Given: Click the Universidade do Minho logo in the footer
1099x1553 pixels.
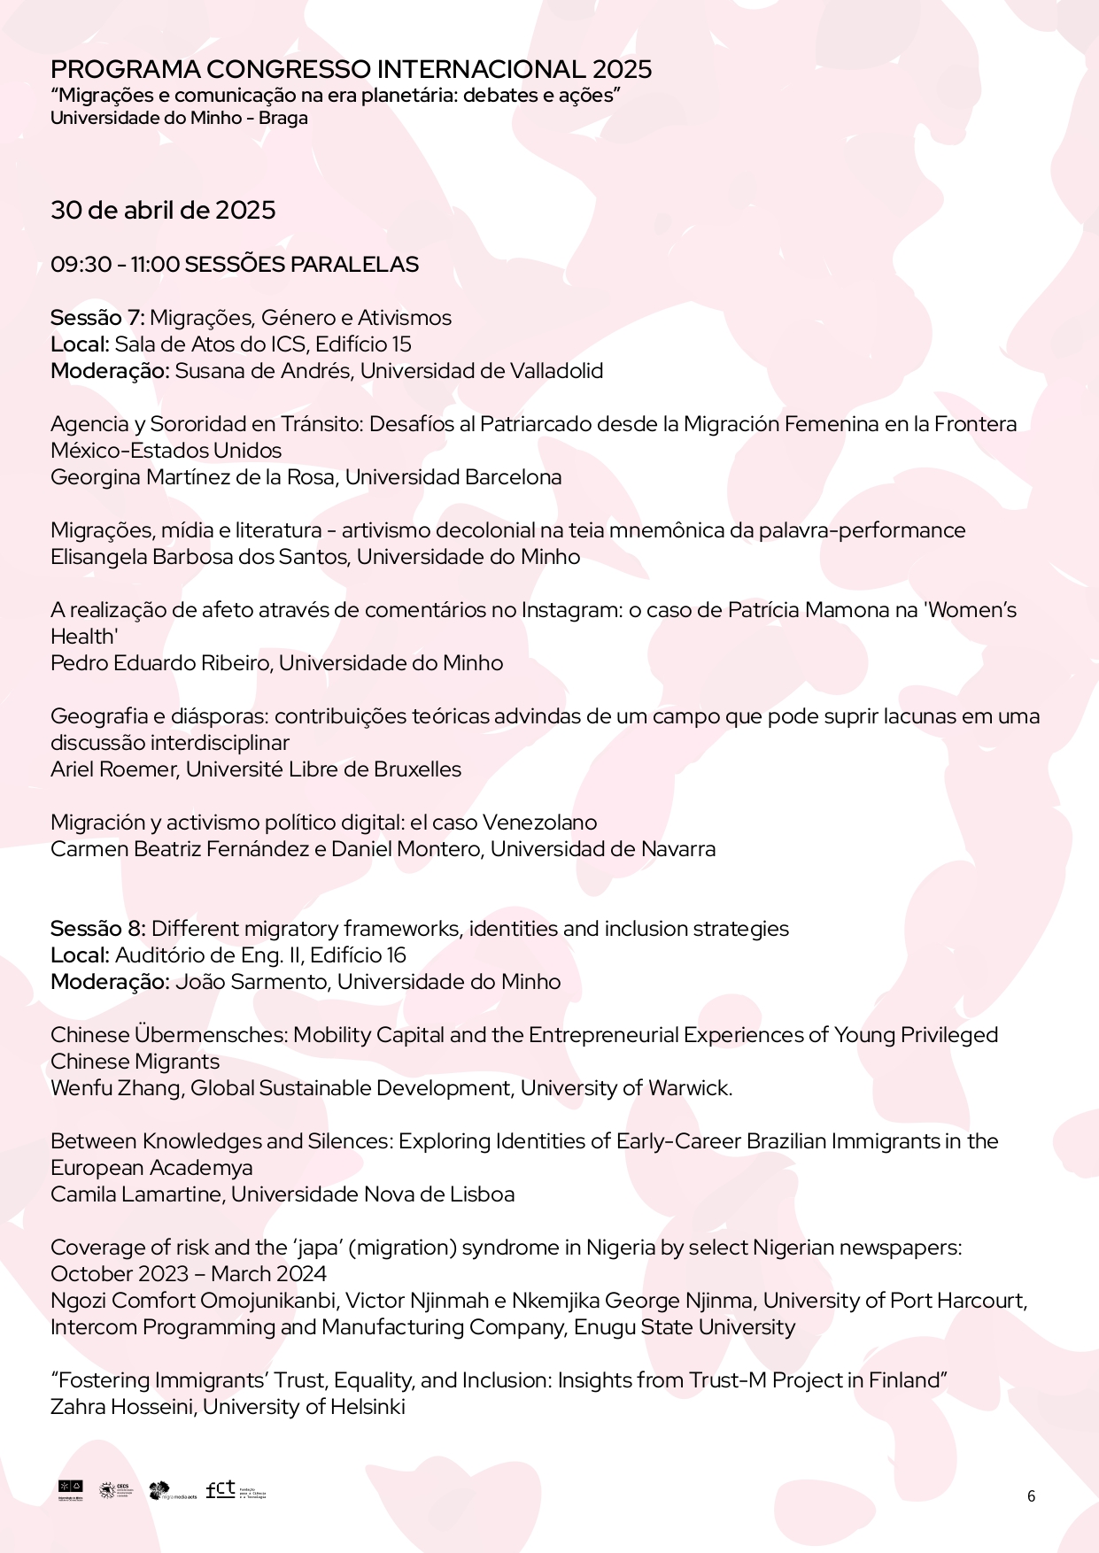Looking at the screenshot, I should tap(70, 1490).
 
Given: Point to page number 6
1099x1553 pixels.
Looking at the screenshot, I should tap(1031, 1496).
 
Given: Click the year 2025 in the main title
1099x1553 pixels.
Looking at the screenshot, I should tap(622, 69).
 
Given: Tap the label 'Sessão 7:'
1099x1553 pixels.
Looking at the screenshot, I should tap(97, 318).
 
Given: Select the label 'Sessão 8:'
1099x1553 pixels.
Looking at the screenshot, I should tap(98, 929).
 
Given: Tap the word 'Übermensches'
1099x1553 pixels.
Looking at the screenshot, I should tap(211, 1035).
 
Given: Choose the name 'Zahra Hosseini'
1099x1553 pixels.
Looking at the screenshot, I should tap(123, 1407).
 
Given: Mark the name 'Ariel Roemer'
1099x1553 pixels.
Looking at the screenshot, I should tap(115, 769).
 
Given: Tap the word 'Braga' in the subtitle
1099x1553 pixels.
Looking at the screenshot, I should tap(283, 118).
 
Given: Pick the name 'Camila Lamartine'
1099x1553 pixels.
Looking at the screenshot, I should tap(135, 1194).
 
